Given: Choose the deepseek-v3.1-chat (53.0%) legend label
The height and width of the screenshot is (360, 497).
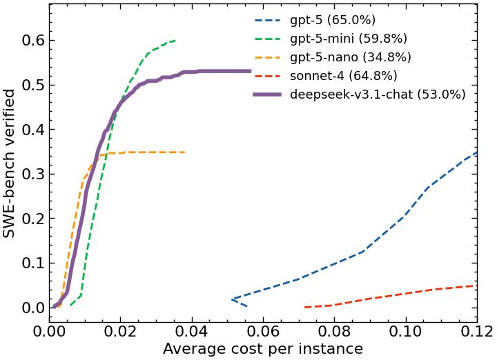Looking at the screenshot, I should [x=378, y=94].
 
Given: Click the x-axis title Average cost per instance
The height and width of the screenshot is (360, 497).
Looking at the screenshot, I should [x=263, y=349].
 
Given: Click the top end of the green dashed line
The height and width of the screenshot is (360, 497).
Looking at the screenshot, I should [x=175, y=41].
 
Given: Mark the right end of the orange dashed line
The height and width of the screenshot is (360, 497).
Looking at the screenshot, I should [x=184, y=152].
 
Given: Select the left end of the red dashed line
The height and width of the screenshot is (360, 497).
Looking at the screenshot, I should [x=304, y=307].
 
